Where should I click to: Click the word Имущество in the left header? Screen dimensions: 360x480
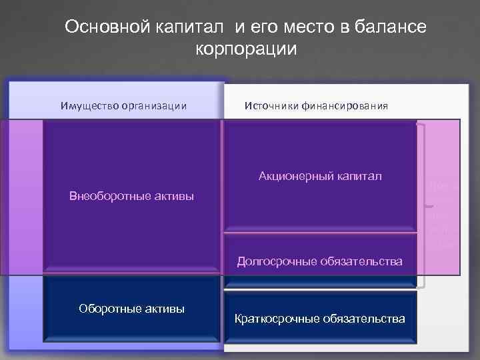(87, 105)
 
